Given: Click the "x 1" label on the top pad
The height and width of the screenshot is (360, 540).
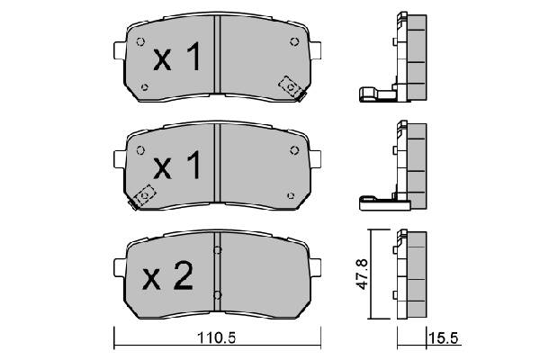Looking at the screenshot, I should point(175,60).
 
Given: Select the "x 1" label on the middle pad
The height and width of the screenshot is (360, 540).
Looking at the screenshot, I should point(175,166).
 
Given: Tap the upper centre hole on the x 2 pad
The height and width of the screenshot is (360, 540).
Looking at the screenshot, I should point(218,249).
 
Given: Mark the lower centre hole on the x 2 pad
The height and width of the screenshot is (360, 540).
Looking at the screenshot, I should point(218,293).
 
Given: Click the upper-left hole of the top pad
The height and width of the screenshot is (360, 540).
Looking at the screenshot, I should point(139,41).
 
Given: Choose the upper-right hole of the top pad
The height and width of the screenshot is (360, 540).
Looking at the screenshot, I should point(294,41).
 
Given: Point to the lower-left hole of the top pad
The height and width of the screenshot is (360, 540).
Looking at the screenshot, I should point(146,87).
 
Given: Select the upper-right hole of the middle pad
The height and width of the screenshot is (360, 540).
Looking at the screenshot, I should point(294,149).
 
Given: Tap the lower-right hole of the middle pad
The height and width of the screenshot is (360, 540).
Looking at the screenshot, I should point(290,193).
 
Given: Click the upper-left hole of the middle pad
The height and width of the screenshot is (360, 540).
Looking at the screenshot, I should point(139,149).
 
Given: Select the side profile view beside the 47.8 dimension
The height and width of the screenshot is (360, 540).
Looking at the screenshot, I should point(409,274).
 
